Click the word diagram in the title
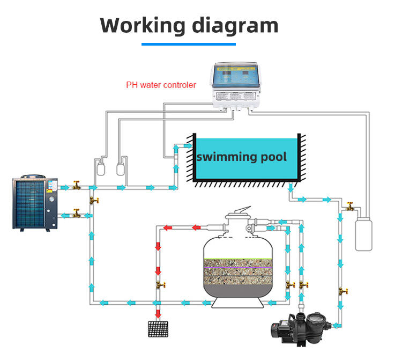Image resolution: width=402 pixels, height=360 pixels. pyautogui.click(x=235, y=25)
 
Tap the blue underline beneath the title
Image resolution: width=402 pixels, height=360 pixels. pyautogui.click(x=189, y=44)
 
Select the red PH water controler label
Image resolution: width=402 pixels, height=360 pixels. pyautogui.click(x=161, y=85)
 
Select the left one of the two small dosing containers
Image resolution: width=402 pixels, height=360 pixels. pyautogui.click(x=99, y=167)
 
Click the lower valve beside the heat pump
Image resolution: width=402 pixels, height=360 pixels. pyautogui.click(x=76, y=215)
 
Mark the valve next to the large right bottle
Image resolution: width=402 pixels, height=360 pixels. pyautogui.click(x=351, y=205)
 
